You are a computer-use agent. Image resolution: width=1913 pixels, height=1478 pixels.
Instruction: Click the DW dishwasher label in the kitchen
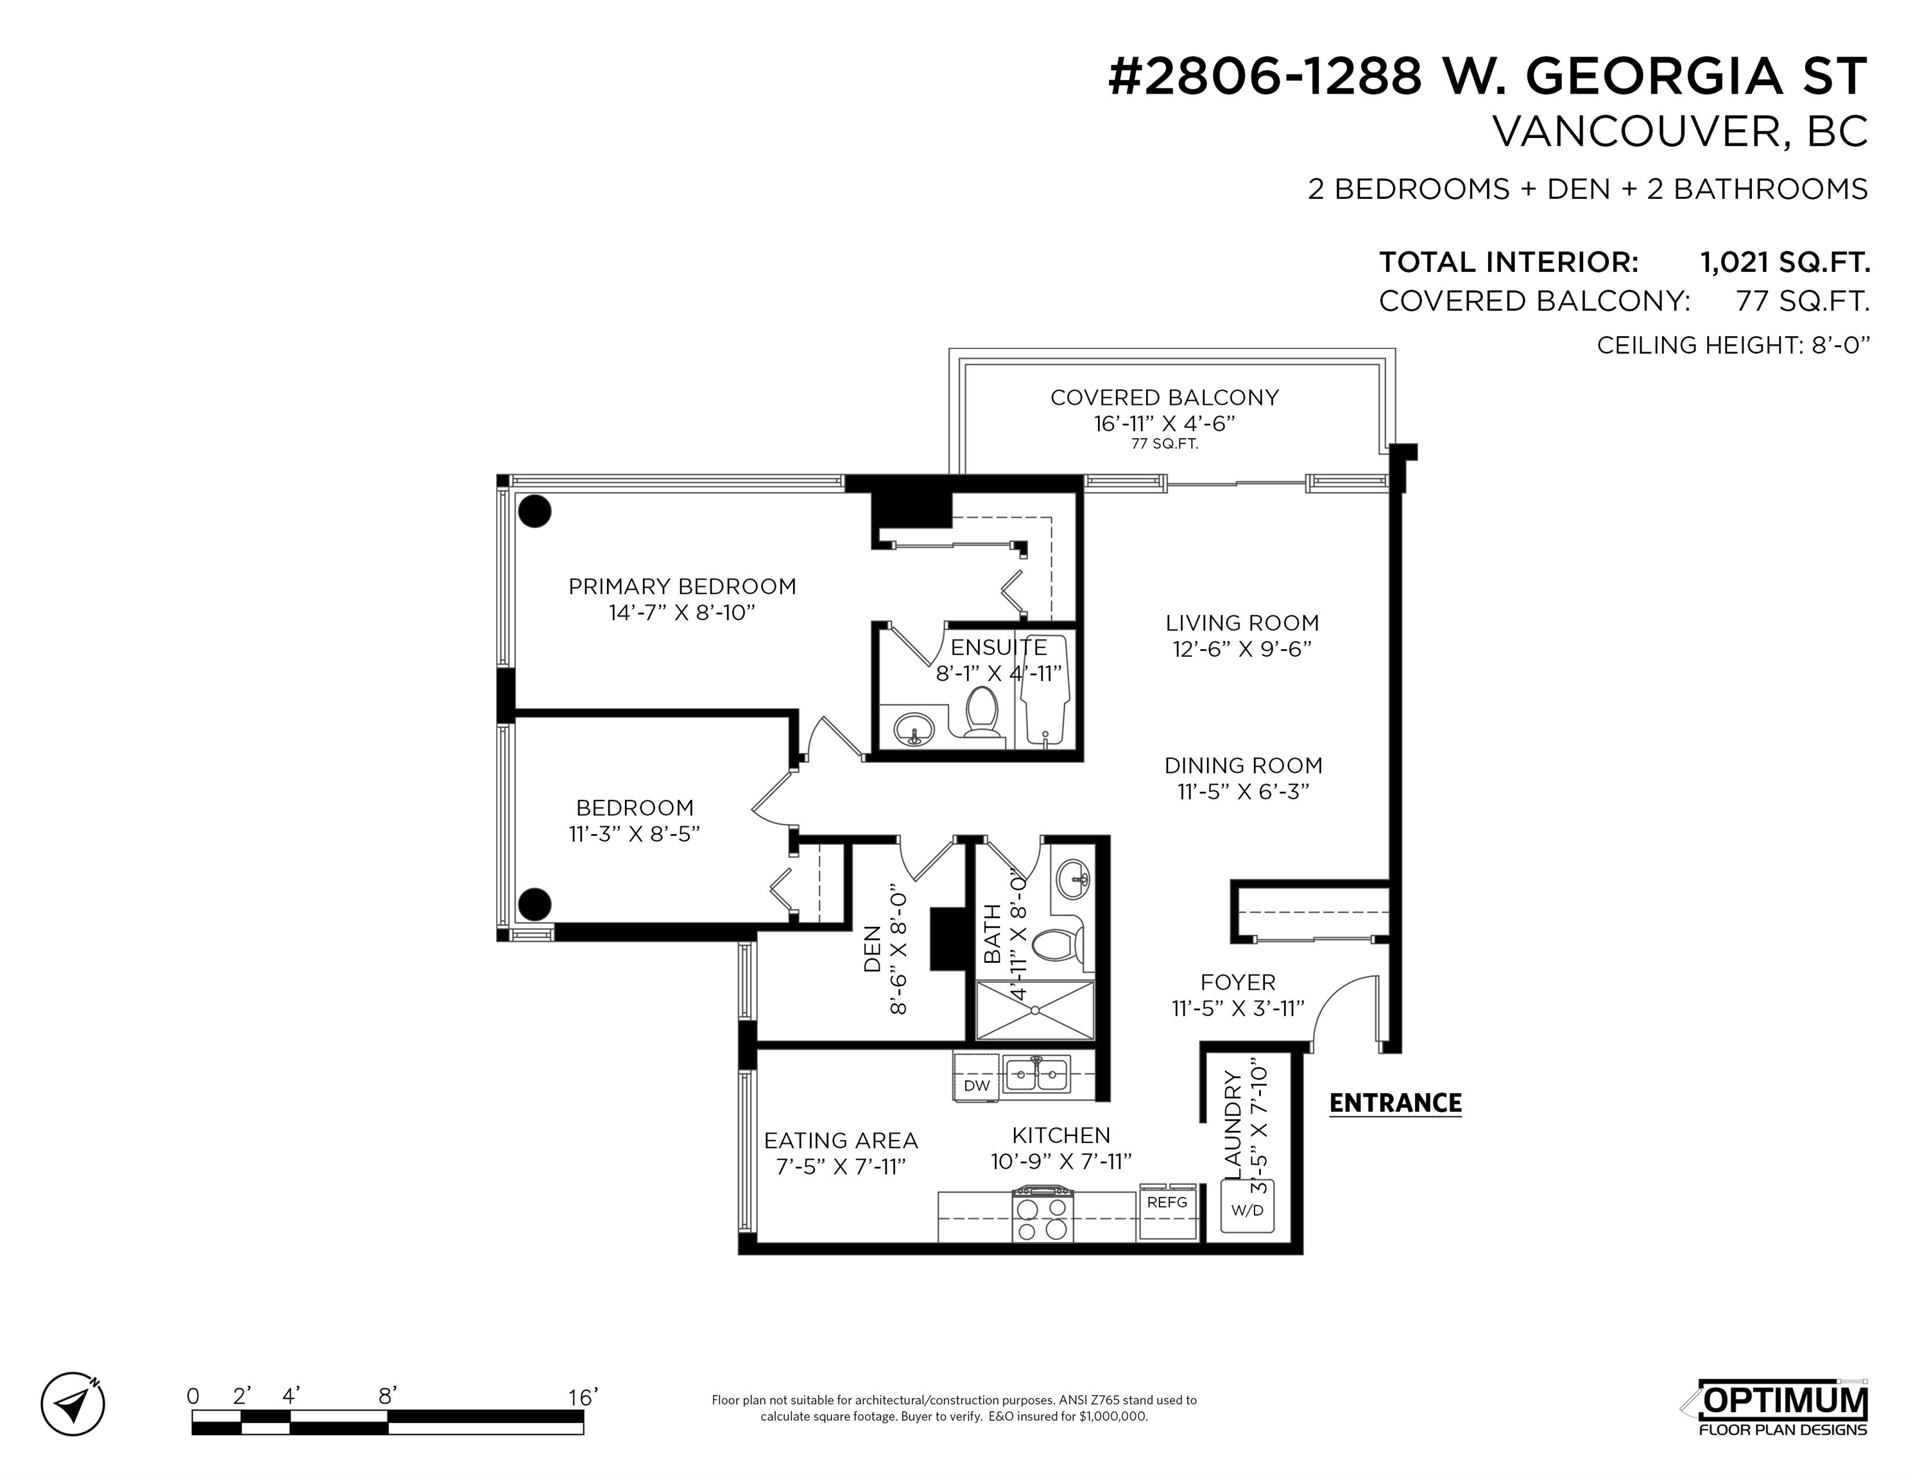click(977, 1086)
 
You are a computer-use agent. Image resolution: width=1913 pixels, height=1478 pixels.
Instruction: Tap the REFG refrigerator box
click(1167, 1212)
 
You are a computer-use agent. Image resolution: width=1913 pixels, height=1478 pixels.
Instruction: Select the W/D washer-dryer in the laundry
click(1248, 1207)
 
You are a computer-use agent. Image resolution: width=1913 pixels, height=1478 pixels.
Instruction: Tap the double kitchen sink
click(1037, 1075)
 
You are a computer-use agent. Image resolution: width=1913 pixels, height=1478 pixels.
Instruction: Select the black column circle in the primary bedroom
click(535, 511)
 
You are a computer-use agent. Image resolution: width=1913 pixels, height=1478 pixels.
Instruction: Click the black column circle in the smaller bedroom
click(535, 904)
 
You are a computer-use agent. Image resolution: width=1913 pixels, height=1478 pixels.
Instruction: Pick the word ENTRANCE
click(1395, 1103)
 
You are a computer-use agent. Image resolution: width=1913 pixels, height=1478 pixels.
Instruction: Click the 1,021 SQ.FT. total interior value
click(1784, 262)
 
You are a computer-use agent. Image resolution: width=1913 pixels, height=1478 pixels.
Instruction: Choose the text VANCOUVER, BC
click(1680, 132)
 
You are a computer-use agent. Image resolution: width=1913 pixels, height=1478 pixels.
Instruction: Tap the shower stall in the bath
click(1035, 1010)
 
